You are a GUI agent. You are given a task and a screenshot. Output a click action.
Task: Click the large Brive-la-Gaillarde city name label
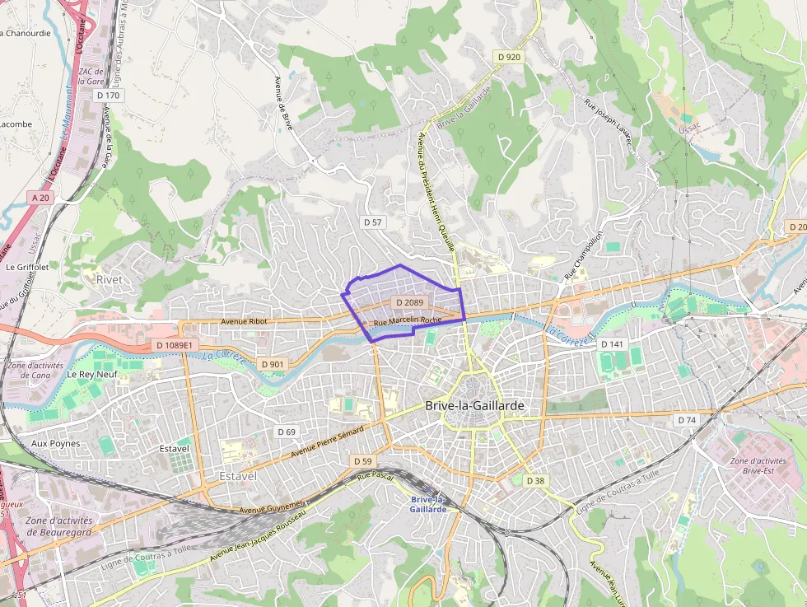point(475,406)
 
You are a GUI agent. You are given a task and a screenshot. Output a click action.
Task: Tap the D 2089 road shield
point(408,303)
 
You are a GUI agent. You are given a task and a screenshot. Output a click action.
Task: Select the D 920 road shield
point(510,57)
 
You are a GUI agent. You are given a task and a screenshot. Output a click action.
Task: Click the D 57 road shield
point(373,222)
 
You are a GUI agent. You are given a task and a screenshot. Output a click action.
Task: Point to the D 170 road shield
point(108,96)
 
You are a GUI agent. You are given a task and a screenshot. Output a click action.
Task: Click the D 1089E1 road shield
point(174,345)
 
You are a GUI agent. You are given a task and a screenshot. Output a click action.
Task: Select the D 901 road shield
point(272,364)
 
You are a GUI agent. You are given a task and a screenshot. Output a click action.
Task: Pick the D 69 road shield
point(286,432)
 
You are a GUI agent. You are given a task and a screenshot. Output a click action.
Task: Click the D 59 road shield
point(363,461)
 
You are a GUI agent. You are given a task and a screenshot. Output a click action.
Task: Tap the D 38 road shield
point(535,480)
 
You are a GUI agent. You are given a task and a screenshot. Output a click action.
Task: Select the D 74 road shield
point(686,420)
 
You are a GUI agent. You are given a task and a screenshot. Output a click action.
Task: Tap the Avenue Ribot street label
point(245,322)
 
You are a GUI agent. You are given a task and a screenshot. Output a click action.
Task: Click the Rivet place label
point(109,279)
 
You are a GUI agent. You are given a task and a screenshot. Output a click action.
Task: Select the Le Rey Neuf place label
point(92,374)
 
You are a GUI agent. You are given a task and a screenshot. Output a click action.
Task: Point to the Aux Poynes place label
point(55,443)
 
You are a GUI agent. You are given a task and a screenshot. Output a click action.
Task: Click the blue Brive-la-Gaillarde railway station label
point(428,504)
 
